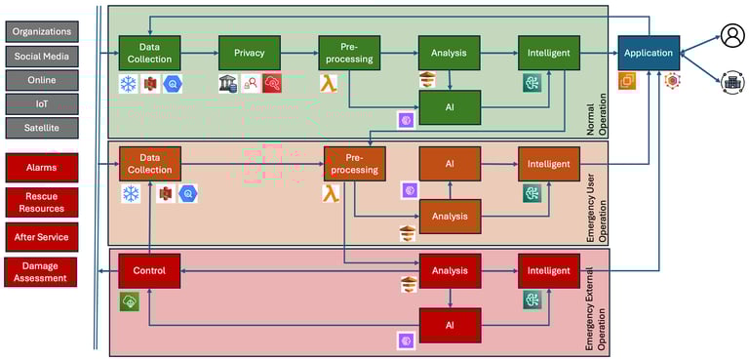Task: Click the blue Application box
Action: point(648,53)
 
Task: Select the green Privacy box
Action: point(249,53)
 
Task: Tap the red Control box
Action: point(149,270)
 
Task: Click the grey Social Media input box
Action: point(41,56)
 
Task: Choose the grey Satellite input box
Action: point(41,127)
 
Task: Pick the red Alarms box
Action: point(41,167)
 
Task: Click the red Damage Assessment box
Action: point(41,271)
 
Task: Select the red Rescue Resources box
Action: point(41,201)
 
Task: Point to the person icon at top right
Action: point(732,37)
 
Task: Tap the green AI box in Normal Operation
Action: point(449,107)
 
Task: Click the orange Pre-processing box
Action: point(354,163)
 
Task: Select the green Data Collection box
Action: point(149,53)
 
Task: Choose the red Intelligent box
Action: point(548,270)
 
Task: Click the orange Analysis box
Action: point(449,216)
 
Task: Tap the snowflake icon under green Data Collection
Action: point(128,84)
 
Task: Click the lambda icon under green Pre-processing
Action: point(329,84)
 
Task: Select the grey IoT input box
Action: point(41,102)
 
